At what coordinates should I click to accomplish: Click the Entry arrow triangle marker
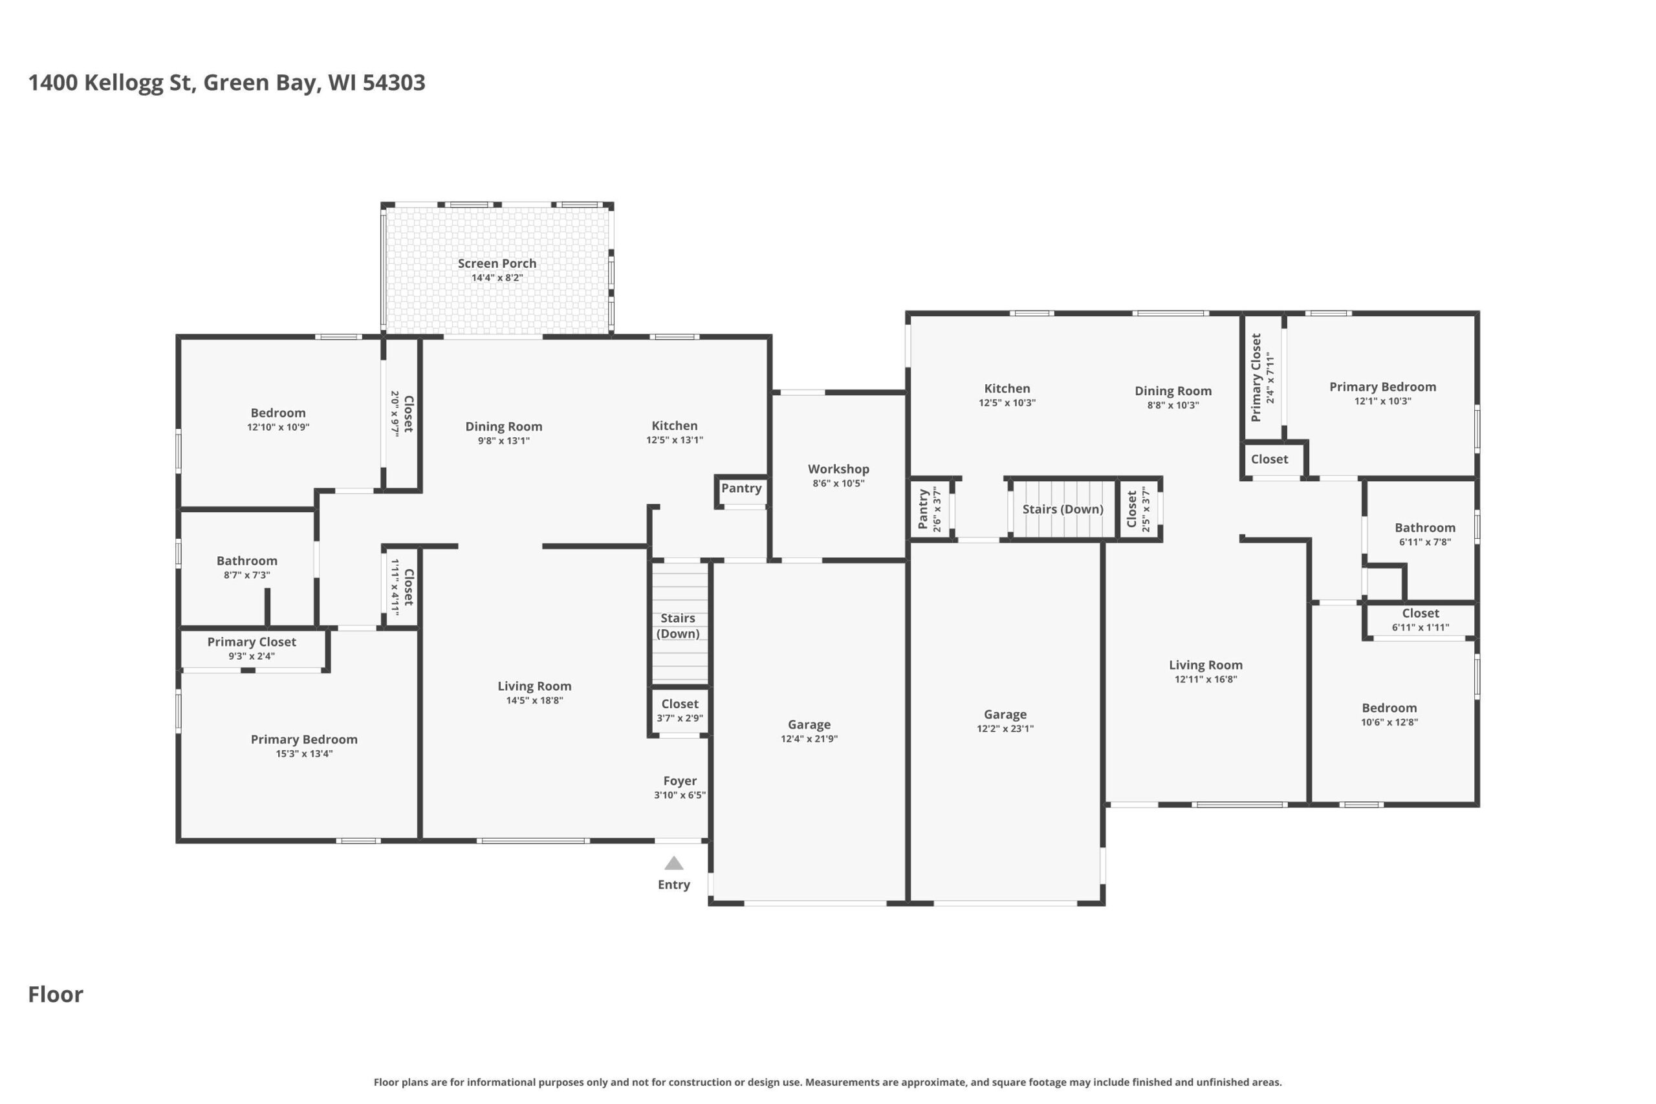(674, 863)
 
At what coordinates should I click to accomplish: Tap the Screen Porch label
(497, 263)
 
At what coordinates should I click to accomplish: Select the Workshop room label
(838, 469)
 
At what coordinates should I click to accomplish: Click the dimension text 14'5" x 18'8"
(534, 700)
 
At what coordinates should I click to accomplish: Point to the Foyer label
(680, 781)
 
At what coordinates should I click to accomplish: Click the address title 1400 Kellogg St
(111, 83)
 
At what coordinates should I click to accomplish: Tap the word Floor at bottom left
(56, 994)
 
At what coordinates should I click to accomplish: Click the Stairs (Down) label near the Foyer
(678, 626)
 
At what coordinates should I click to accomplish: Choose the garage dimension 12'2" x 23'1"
(1005, 729)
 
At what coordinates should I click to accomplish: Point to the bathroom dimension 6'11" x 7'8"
(1424, 542)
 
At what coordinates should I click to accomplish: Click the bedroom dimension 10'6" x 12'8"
(1389, 722)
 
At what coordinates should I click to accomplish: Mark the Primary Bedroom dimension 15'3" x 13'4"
(304, 754)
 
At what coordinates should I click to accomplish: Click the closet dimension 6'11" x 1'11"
(1420, 628)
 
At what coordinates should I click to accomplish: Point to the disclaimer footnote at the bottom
(828, 1082)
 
